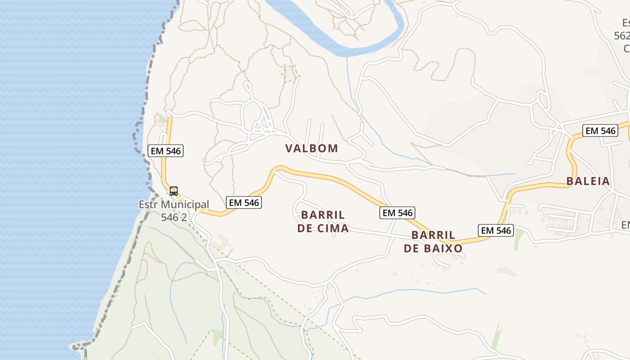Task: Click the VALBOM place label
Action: click(311, 148)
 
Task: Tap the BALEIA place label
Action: click(588, 181)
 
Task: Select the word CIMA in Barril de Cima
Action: click(333, 228)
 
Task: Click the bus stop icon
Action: click(174, 191)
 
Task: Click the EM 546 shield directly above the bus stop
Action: click(166, 151)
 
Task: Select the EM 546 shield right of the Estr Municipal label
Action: click(244, 202)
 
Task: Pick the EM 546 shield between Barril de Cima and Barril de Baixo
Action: click(397, 213)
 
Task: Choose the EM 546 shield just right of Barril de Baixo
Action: click(496, 230)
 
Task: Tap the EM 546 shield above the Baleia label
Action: click(600, 131)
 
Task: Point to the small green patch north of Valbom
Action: click(290, 73)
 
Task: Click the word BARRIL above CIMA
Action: click(323, 215)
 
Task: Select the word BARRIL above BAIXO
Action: click(433, 235)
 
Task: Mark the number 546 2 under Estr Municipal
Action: click(174, 217)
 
